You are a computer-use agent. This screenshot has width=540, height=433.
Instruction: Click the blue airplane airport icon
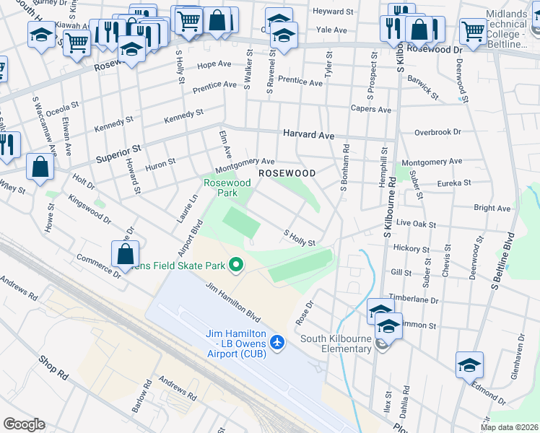tap(276, 341)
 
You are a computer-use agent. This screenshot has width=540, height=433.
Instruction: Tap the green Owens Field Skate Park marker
tap(235, 266)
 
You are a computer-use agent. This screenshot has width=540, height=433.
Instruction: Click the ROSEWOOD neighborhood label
tap(287, 174)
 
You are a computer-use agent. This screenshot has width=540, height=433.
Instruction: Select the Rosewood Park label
tap(227, 188)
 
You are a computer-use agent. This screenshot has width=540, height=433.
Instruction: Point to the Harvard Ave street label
tap(308, 135)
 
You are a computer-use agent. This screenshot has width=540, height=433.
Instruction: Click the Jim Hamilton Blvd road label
tap(232, 302)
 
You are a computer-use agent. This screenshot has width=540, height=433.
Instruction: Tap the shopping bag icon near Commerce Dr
tap(126, 254)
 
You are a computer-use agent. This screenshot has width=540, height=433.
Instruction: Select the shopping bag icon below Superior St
tap(40, 167)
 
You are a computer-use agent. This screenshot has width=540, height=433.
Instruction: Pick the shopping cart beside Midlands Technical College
tap(473, 32)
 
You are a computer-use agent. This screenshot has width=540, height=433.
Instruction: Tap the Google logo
tap(24, 424)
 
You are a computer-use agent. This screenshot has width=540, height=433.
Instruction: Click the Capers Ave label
tap(371, 110)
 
